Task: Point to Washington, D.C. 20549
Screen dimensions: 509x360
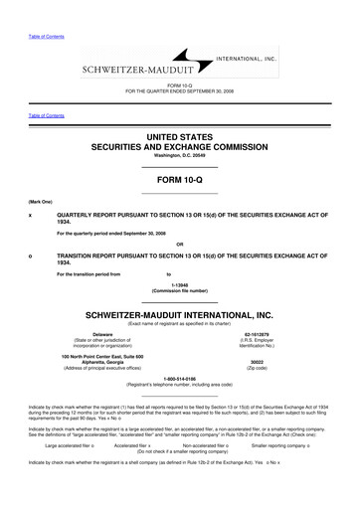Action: click(180, 155)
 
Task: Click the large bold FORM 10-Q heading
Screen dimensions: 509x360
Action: click(180, 182)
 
